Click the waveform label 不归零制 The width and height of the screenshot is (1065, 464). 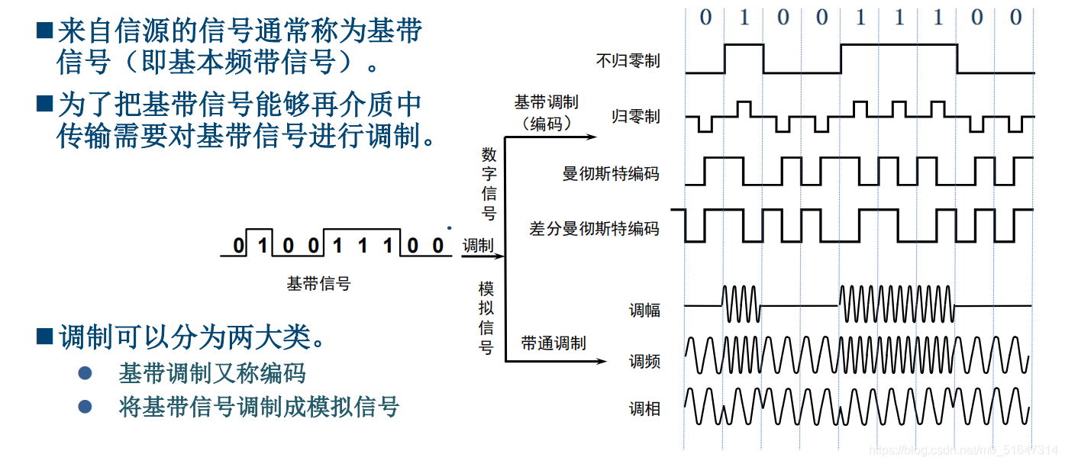pyautogui.click(x=628, y=61)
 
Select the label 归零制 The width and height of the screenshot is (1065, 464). pyautogui.click(x=636, y=117)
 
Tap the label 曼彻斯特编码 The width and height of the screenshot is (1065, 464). pyautogui.click(x=610, y=174)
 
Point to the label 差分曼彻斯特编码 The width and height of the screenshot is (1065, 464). pyautogui.click(x=594, y=228)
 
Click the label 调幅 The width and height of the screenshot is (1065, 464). pyautogui.click(x=644, y=310)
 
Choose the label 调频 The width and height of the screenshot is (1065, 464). pyautogui.click(x=644, y=361)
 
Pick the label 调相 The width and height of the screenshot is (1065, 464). pyautogui.click(x=644, y=409)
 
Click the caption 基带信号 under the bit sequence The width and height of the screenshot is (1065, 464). pyautogui.click(x=318, y=284)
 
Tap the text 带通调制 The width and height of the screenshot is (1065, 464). pyautogui.click(x=553, y=343)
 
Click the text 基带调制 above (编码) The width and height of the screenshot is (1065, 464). pyautogui.click(x=546, y=102)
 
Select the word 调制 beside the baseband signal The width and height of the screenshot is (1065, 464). pyautogui.click(x=478, y=246)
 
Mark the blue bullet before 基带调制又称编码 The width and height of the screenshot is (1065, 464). pyautogui.click(x=86, y=373)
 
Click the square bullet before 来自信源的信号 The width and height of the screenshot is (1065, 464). pyautogui.click(x=44, y=31)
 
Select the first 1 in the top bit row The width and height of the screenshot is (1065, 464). pyautogui.click(x=744, y=18)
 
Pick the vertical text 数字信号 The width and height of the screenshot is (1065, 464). pyautogui.click(x=489, y=183)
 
